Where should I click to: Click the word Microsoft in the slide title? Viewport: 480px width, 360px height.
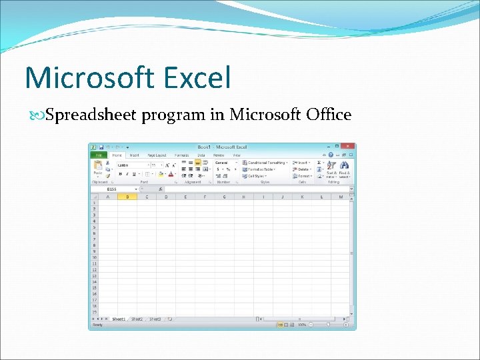point(87,77)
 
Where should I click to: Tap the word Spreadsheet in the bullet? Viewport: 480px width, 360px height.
point(92,115)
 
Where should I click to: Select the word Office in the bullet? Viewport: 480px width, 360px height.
point(328,115)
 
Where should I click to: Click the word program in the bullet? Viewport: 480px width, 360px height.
point(173,115)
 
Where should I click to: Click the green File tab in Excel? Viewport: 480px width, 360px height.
point(98,155)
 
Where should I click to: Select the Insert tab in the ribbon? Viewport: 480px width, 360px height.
point(135,155)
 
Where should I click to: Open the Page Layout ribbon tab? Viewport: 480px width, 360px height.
point(157,155)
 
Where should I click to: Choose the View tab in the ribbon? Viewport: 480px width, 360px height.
point(237,155)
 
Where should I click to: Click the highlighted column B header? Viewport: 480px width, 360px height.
point(127,197)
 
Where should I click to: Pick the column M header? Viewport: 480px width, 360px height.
point(341,197)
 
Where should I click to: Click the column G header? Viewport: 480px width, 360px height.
point(225,197)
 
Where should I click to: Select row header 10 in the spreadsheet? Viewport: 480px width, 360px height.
point(94,257)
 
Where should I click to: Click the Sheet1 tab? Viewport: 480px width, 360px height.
point(119,319)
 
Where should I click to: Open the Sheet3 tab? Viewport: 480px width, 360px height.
point(155,319)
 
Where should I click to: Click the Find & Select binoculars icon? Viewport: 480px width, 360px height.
point(345,165)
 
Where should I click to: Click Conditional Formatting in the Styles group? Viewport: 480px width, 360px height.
point(265,162)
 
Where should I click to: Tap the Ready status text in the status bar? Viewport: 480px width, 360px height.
point(98,325)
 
